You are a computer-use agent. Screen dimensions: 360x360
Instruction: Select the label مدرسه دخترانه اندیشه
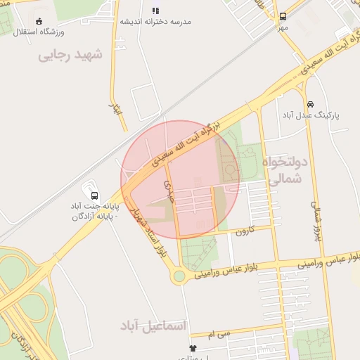(155, 22)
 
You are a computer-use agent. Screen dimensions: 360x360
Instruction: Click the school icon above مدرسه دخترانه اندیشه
(155, 11)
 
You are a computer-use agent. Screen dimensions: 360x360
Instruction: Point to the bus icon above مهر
(283, 16)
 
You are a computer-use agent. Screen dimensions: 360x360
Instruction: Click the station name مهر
(283, 27)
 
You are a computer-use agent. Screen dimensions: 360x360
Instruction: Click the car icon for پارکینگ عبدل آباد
(309, 103)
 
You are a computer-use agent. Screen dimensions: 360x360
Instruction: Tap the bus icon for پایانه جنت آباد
(94, 195)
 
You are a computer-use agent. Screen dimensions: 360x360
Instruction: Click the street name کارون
(244, 231)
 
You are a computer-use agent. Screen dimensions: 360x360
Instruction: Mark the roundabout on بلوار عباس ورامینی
(180, 276)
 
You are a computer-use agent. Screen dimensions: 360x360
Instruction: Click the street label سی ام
(224, 335)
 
